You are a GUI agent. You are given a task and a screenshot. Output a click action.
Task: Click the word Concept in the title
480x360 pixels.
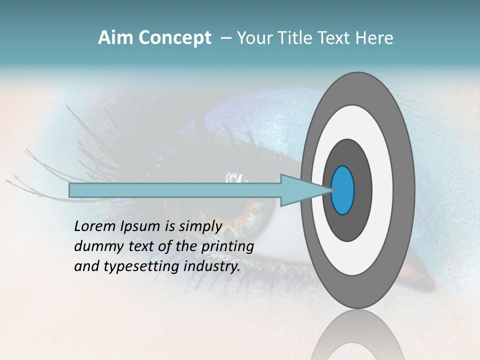175,38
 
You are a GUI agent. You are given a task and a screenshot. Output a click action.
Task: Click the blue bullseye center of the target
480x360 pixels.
343,190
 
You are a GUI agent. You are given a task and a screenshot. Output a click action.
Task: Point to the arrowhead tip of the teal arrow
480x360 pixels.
331,190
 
